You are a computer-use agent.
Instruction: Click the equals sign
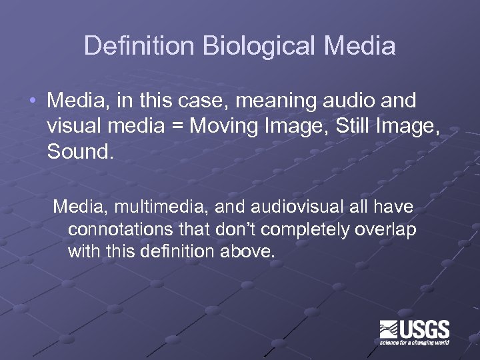tap(177, 126)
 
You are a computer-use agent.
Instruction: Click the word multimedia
tap(158, 207)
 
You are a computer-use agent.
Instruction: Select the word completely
tap(300, 230)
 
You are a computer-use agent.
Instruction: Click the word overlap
tap(387, 230)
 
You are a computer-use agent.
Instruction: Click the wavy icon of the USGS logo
tap(389, 330)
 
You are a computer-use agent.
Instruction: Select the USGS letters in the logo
tap(425, 329)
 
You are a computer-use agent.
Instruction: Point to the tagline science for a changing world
tap(415, 343)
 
